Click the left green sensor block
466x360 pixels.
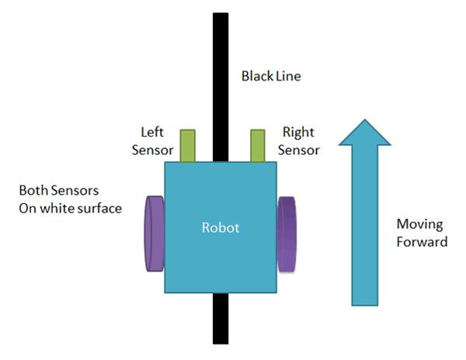pos(188,146)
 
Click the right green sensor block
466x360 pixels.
pos(258,146)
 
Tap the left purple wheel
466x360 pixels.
pos(153,233)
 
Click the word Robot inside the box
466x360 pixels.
pos(221,228)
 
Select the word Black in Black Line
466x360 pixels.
pos(256,77)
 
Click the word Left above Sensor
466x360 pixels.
pos(151,132)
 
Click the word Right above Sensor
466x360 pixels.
pos(298,132)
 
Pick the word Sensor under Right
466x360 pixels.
pos(301,150)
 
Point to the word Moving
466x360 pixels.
pos(419,224)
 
